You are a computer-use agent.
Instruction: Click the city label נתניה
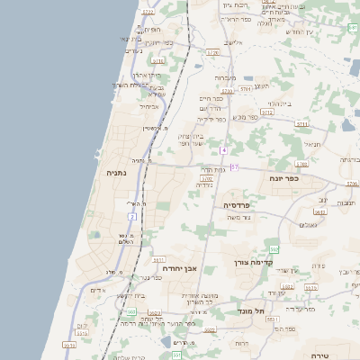point(116,173)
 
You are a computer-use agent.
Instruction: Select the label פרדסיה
point(241,205)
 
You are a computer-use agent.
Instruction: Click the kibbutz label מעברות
point(225,78)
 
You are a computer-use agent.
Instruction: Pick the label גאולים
point(308,224)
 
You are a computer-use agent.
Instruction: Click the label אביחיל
point(148,106)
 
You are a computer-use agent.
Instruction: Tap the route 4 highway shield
point(223,149)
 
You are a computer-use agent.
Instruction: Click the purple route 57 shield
point(235,167)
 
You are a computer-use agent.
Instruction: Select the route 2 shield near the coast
point(131,217)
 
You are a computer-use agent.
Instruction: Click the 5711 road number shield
point(301,124)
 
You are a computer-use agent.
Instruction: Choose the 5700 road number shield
point(206,179)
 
